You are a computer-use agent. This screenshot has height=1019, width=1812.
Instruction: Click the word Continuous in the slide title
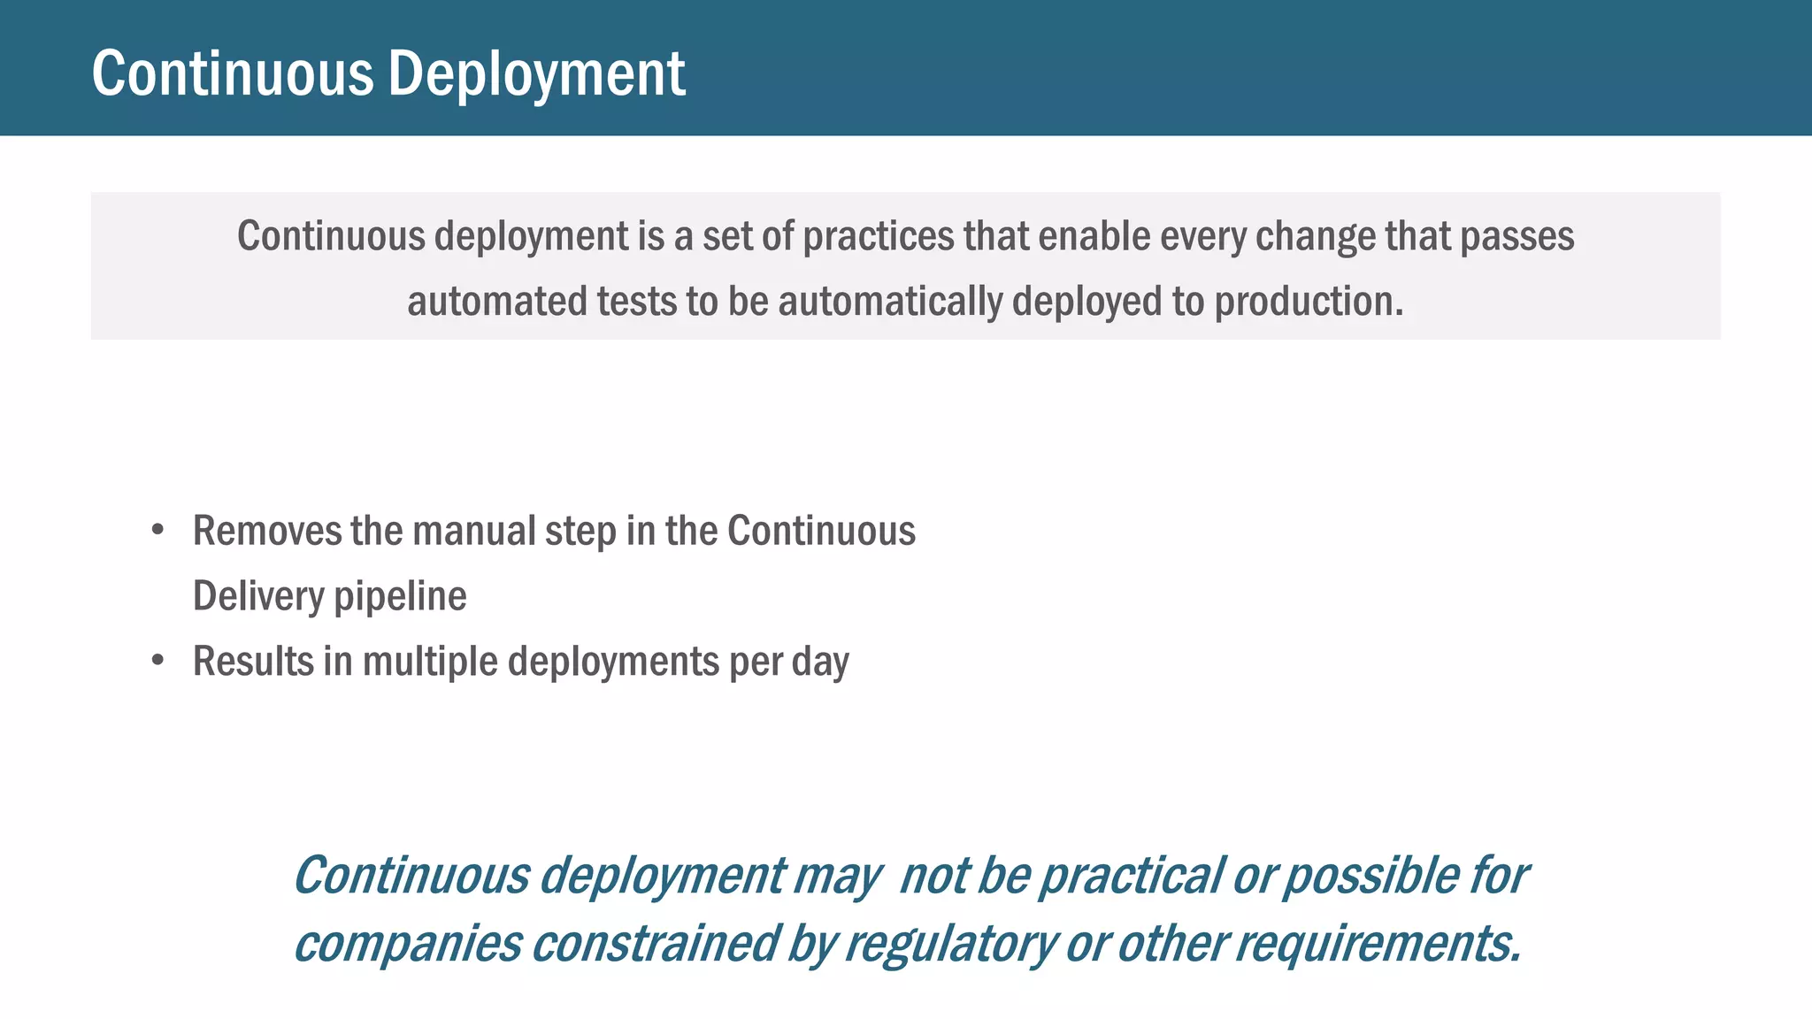233,74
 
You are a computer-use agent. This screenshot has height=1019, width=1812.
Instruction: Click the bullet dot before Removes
157,530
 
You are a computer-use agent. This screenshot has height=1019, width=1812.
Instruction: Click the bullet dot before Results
157,660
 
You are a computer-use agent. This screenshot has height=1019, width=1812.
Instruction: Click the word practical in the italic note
1130,877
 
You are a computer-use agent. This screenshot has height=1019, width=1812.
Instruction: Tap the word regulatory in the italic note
950,944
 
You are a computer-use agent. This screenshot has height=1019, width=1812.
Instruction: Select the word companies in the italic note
408,944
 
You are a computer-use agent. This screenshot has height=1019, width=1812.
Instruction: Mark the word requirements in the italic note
1377,944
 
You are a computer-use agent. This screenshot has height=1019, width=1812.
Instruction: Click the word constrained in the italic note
655,944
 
